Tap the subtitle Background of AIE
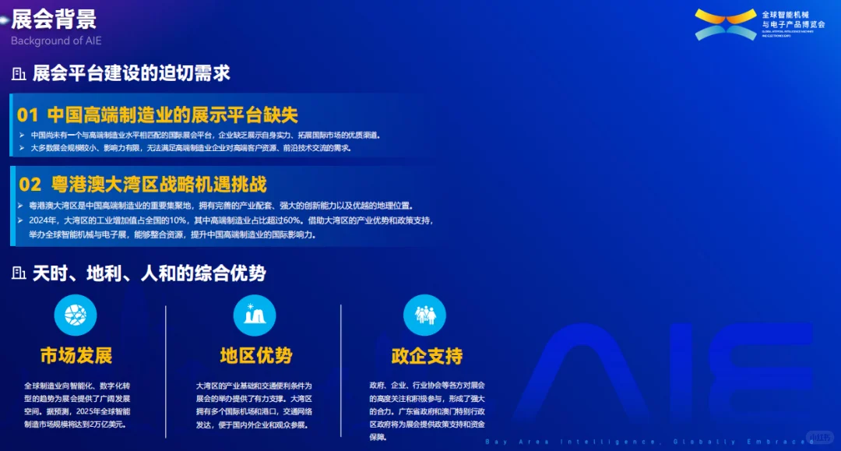(56, 41)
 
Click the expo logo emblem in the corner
(725, 24)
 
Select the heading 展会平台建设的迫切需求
(131, 74)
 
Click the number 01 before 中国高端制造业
(28, 115)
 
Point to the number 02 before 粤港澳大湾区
(30, 185)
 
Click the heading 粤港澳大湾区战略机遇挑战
(159, 185)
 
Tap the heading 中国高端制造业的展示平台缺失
(172, 115)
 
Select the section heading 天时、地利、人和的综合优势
(149, 273)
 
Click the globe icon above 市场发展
(76, 315)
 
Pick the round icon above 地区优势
(255, 315)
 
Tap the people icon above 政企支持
(424, 315)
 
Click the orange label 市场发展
(76, 356)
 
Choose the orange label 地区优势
(255, 356)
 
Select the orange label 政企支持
(427, 356)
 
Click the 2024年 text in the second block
(42, 220)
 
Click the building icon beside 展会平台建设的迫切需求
(19, 74)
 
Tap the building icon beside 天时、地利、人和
(19, 273)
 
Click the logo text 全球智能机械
(786, 15)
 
